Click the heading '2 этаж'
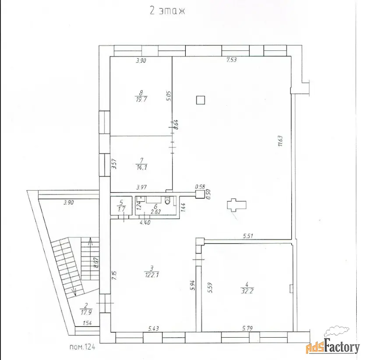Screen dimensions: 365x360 (x=167, y=11)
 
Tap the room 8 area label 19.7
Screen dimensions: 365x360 (x=141, y=100)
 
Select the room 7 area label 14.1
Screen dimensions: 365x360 (x=142, y=167)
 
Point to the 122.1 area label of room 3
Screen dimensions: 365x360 (x=152, y=275)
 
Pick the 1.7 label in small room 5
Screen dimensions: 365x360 (x=121, y=209)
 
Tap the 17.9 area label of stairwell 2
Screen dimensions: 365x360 (x=86, y=312)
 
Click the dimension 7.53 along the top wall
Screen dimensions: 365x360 (x=231, y=60)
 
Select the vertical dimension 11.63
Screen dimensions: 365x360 (x=280, y=141)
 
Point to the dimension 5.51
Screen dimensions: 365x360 (x=248, y=236)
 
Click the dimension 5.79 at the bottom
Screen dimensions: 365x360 (x=247, y=328)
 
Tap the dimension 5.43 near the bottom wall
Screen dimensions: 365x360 (x=154, y=328)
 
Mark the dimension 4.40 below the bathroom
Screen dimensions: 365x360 (x=145, y=222)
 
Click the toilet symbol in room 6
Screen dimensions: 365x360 (x=167, y=200)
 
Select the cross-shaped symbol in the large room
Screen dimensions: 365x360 (x=237, y=205)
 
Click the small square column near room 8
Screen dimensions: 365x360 (x=200, y=100)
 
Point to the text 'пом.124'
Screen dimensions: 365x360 (x=82, y=347)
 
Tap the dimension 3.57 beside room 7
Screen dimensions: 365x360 (x=114, y=164)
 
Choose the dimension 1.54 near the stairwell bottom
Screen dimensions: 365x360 (x=87, y=323)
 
